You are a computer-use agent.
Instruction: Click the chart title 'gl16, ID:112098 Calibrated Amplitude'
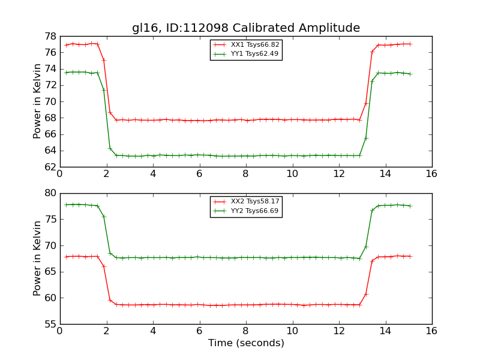pyautogui.click(x=246, y=28)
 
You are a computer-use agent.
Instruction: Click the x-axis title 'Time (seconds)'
pyautogui.click(x=246, y=343)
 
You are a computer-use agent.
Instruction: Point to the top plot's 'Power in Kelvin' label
pyautogui.click(x=38, y=101)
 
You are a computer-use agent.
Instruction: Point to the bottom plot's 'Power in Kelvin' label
pyautogui.click(x=38, y=258)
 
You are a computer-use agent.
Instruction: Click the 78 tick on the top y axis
pyautogui.click(x=50, y=36)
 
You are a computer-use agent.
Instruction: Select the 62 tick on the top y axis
pyautogui.click(x=50, y=167)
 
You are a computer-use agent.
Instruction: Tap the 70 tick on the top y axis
pyautogui.click(x=50, y=101)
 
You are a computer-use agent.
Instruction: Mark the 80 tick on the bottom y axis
pyautogui.click(x=50, y=193)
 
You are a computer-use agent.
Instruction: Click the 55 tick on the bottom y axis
pyautogui.click(x=50, y=324)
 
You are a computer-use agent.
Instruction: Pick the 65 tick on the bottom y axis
pyautogui.click(x=50, y=272)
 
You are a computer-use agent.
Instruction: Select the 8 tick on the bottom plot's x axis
pyautogui.click(x=246, y=331)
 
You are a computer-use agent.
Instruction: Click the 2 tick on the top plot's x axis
pyautogui.click(x=106, y=174)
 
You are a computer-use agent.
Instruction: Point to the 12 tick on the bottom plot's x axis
pyautogui.click(x=339, y=331)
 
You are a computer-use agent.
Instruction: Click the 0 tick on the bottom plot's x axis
pyautogui.click(x=60, y=331)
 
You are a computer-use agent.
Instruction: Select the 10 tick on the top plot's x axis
pyautogui.click(x=292, y=174)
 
